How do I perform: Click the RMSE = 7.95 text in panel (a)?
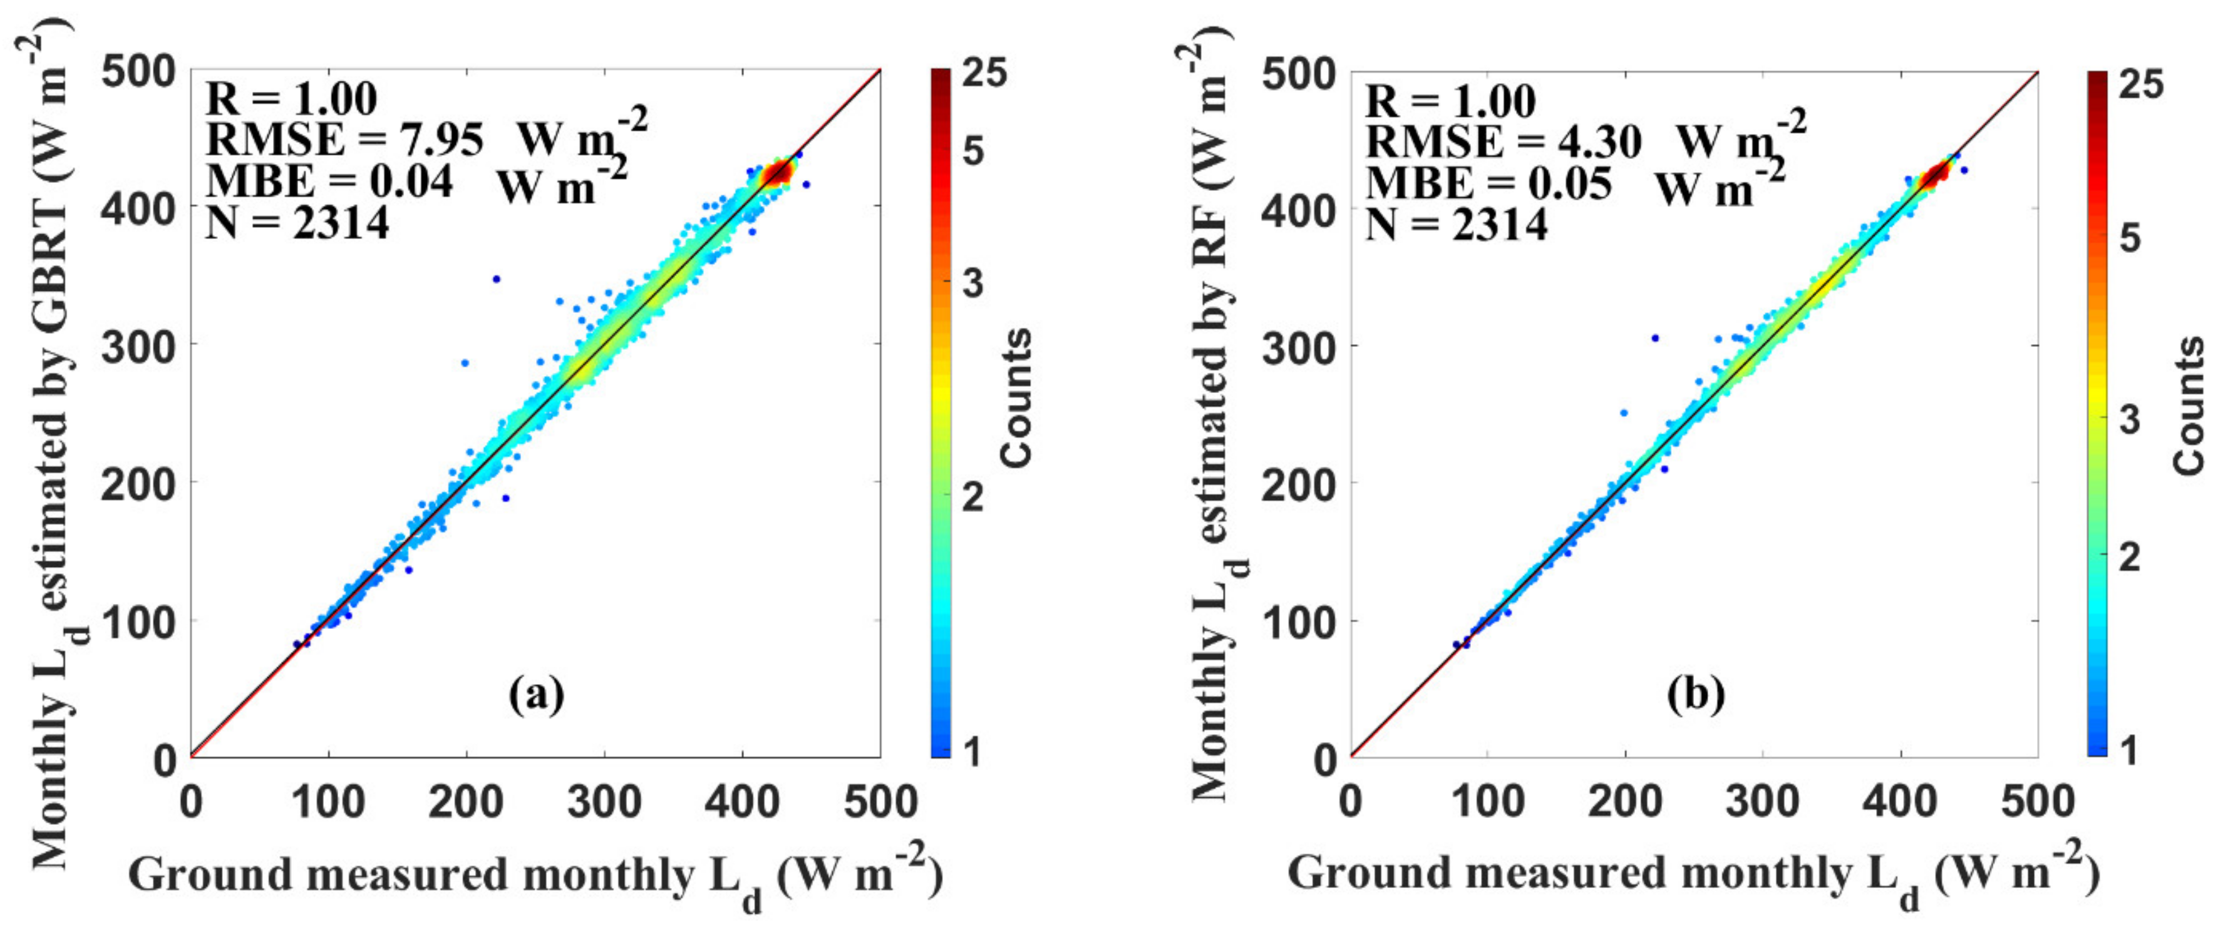(344, 140)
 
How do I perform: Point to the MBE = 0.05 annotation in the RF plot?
(1488, 183)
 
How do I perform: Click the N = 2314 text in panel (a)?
(297, 223)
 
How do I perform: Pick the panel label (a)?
(536, 695)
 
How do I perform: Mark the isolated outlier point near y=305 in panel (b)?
(1654, 338)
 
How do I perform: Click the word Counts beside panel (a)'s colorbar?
(1016, 399)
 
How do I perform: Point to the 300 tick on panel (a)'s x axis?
(604, 802)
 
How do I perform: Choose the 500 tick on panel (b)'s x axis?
(2038, 802)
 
